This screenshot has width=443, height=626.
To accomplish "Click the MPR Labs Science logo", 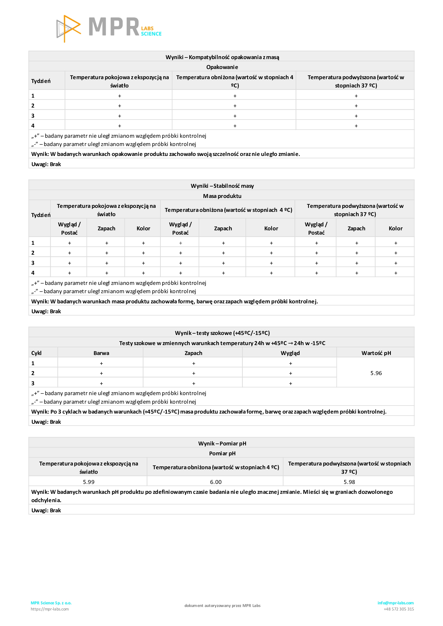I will coord(109,28).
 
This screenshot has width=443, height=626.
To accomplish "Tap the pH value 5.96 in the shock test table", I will coord(376,373).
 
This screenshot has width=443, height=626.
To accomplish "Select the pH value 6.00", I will coord(215,482).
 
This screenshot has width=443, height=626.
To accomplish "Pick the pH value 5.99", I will coord(89,482).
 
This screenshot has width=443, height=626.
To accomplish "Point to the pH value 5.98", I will coord(349,482).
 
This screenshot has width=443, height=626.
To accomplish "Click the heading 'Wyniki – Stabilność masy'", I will coord(222,186).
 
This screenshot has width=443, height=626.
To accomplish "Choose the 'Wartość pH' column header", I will coord(376,353).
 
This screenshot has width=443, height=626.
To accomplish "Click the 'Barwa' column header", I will coord(101,353).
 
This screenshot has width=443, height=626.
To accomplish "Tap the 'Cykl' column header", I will coord(36,353).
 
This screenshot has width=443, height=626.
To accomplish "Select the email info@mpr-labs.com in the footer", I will coord(395,603).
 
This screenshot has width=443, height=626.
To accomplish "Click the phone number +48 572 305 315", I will coord(399,609).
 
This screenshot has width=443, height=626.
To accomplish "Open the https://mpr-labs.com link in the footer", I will coord(50,609).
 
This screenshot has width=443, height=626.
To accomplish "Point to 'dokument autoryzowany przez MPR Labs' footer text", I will coord(222,606).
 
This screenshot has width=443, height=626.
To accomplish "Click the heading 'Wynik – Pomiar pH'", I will coord(222,443).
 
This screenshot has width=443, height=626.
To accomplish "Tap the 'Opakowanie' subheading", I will coord(222,67).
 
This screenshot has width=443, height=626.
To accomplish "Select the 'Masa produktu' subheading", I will coord(222,196).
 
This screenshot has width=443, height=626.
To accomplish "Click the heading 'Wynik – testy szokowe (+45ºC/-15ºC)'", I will coord(222,333).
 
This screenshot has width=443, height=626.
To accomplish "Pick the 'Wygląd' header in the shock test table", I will coord(290,353).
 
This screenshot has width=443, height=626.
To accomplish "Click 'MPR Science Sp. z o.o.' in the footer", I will coord(51,603).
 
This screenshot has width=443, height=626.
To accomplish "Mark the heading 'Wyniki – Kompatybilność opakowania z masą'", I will coord(222,57).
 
